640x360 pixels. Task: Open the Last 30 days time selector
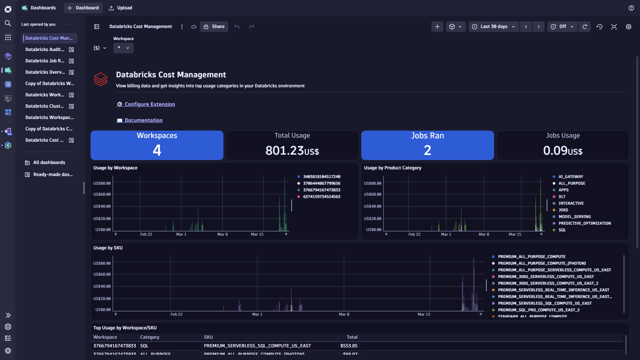tap(494, 27)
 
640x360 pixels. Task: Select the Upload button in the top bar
tap(121, 8)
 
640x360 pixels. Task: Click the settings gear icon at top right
tap(628, 27)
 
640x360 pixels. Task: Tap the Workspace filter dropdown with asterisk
tap(123, 48)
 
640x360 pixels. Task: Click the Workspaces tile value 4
tap(157, 150)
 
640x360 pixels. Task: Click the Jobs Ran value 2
tap(427, 150)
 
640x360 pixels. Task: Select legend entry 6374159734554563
tap(321, 197)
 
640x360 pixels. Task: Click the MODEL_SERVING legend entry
tap(574, 217)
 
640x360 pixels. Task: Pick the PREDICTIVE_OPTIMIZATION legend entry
tap(584, 223)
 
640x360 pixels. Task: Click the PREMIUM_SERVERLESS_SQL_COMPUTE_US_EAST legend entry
tap(544, 303)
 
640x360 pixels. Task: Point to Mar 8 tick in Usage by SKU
tap(344, 314)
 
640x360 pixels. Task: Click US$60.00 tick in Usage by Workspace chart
tap(102, 194)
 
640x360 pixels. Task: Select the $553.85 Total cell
tap(349, 346)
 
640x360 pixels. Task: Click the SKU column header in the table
tap(208, 337)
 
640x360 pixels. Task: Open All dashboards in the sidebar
tap(49, 163)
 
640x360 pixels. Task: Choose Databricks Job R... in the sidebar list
tap(45, 61)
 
